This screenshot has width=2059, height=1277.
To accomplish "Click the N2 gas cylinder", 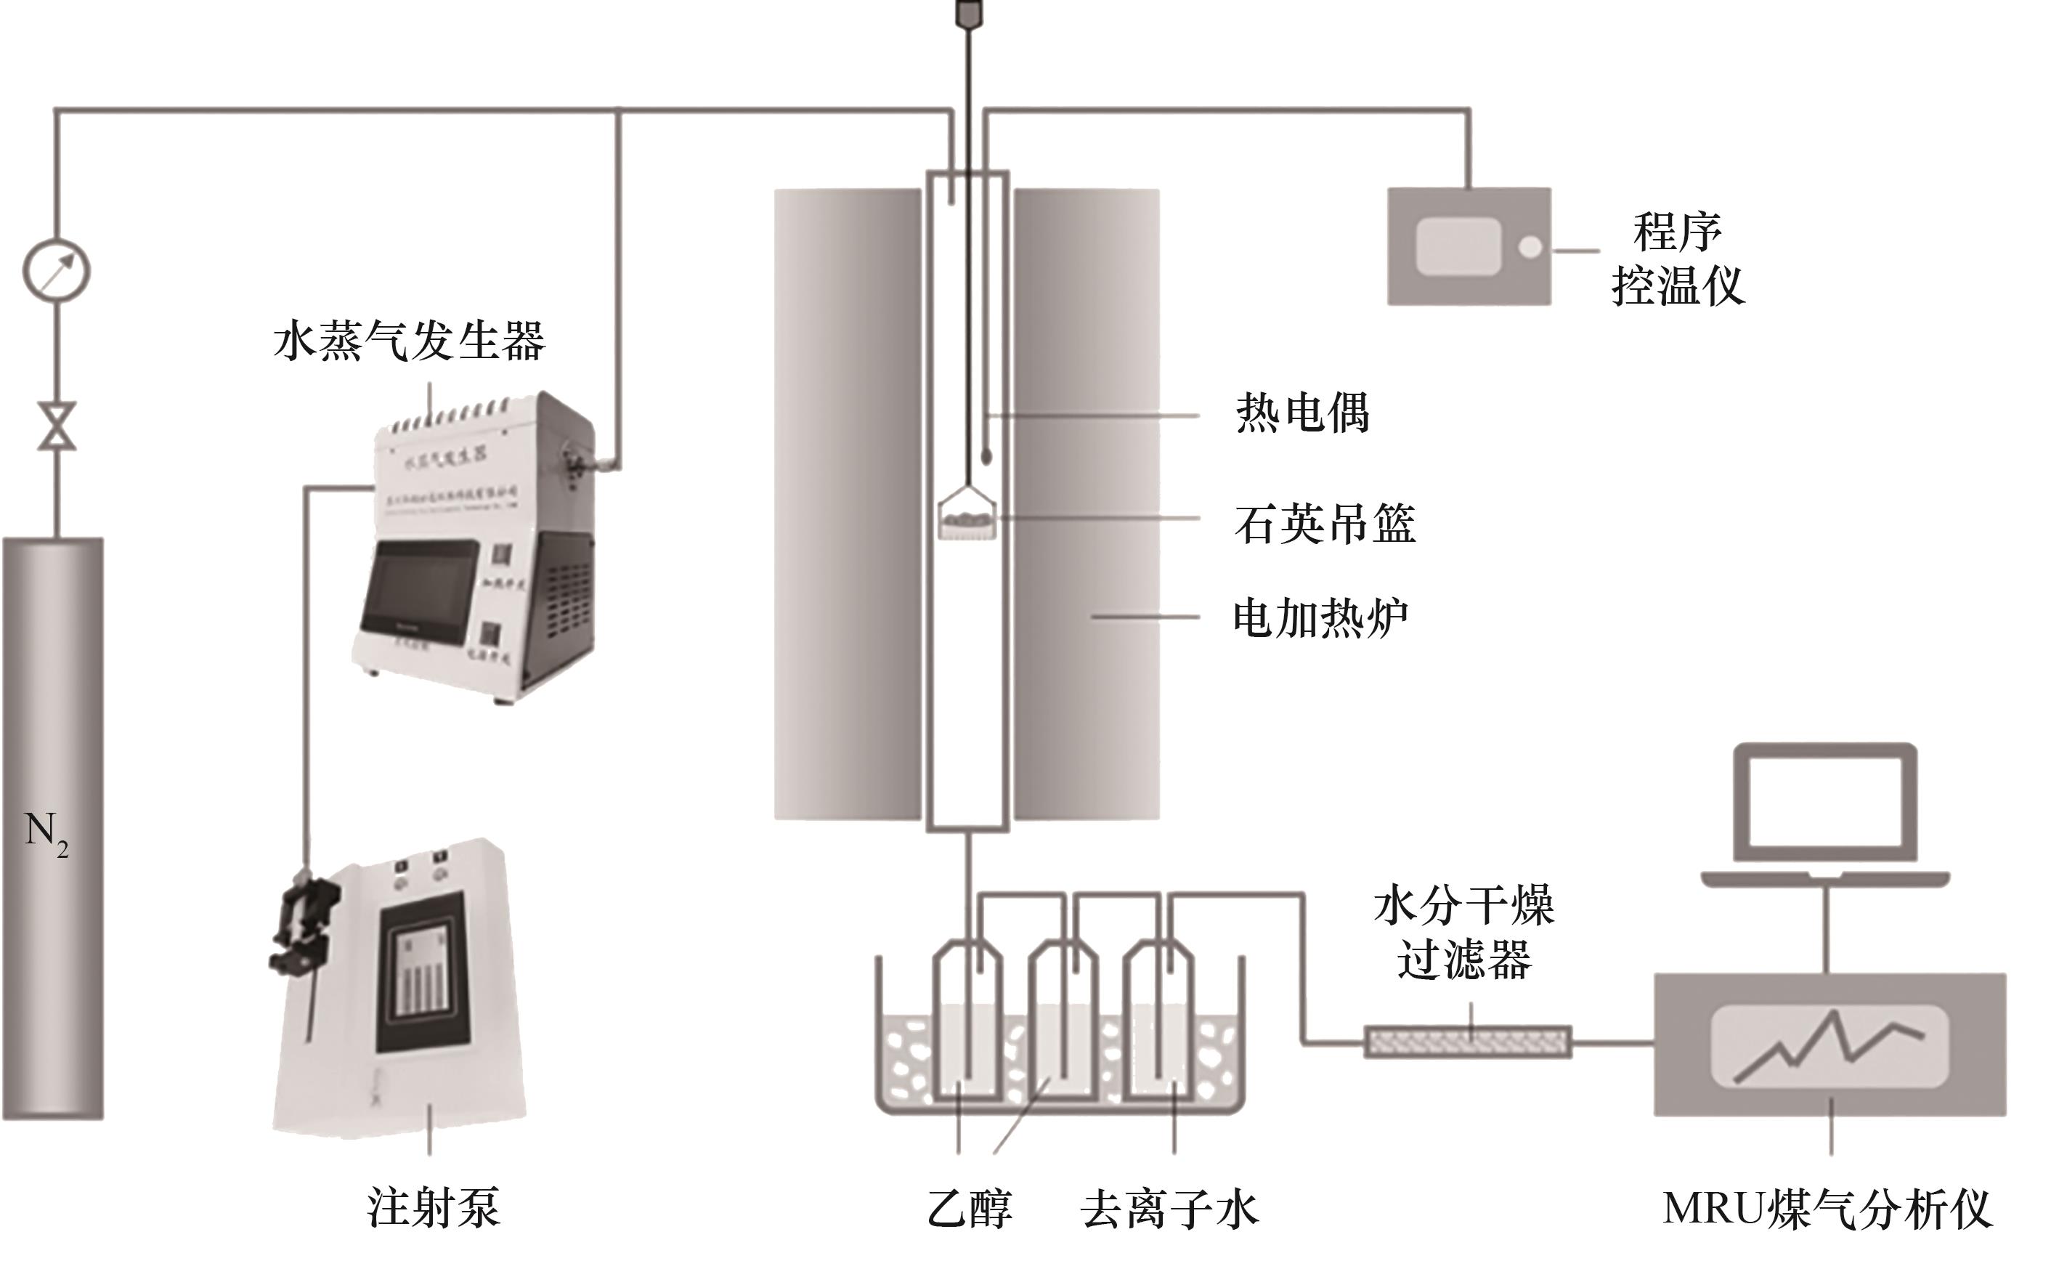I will [52, 827].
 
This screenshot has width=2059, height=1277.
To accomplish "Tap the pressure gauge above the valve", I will [56, 271].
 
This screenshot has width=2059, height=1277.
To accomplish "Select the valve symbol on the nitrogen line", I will [57, 426].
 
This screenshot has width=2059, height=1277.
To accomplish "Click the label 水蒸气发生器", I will [410, 341].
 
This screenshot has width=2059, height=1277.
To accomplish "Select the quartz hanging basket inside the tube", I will [967, 517].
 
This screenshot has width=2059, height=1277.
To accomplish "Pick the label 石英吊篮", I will [1325, 524].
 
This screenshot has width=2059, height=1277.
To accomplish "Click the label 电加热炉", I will [1320, 617].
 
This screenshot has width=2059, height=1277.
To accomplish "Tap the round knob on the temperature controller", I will [1530, 248].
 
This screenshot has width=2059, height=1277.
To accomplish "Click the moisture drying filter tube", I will [1467, 1042].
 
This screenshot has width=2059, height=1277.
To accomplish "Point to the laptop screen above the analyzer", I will [1824, 803].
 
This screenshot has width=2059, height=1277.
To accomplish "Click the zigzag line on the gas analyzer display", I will [1829, 1047].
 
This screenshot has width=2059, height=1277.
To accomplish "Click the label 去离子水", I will [1169, 1209].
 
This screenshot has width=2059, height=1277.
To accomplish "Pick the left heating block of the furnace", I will [847, 504].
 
